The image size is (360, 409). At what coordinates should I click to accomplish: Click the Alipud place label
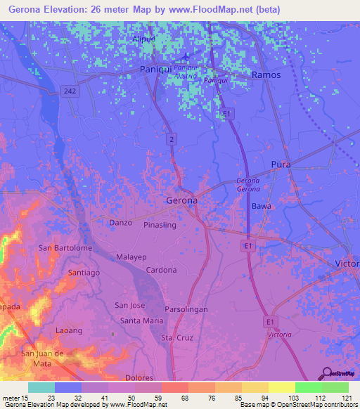click(144, 39)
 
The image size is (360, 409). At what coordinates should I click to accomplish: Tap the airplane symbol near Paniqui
click(185, 56)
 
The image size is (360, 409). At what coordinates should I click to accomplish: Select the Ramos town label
click(266, 74)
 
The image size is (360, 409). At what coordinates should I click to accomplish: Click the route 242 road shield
click(69, 91)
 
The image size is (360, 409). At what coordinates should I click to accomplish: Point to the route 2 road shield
click(171, 140)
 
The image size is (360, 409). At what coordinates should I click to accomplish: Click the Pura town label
click(281, 164)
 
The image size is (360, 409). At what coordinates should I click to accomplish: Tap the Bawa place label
click(262, 207)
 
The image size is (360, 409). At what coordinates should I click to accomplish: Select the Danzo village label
click(121, 223)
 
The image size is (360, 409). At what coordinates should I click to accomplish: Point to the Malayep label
click(131, 257)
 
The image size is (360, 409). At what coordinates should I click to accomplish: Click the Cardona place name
click(160, 270)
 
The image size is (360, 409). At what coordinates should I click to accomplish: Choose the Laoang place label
click(69, 330)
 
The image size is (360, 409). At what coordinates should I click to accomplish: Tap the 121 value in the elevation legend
click(345, 398)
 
